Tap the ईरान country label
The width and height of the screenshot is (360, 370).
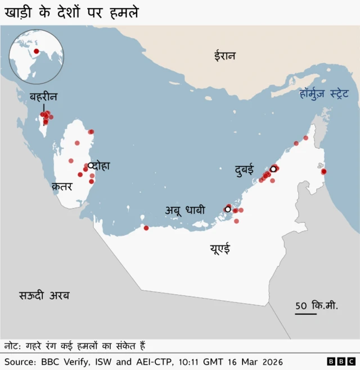[x=224, y=56]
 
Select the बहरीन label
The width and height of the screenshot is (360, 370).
[x=43, y=97]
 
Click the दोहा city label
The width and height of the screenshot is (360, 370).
[x=102, y=166]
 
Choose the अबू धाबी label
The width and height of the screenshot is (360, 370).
[x=185, y=210]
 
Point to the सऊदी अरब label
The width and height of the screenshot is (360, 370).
[x=44, y=295]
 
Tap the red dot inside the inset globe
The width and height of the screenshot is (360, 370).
[x=36, y=52]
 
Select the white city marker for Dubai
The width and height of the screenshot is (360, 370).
[x=273, y=169]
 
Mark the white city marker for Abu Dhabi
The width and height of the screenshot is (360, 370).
[x=227, y=209]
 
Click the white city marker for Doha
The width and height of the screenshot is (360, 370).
[x=90, y=165]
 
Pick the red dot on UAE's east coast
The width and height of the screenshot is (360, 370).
[x=323, y=172]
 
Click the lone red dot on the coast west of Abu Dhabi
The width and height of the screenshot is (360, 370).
[x=146, y=228]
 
